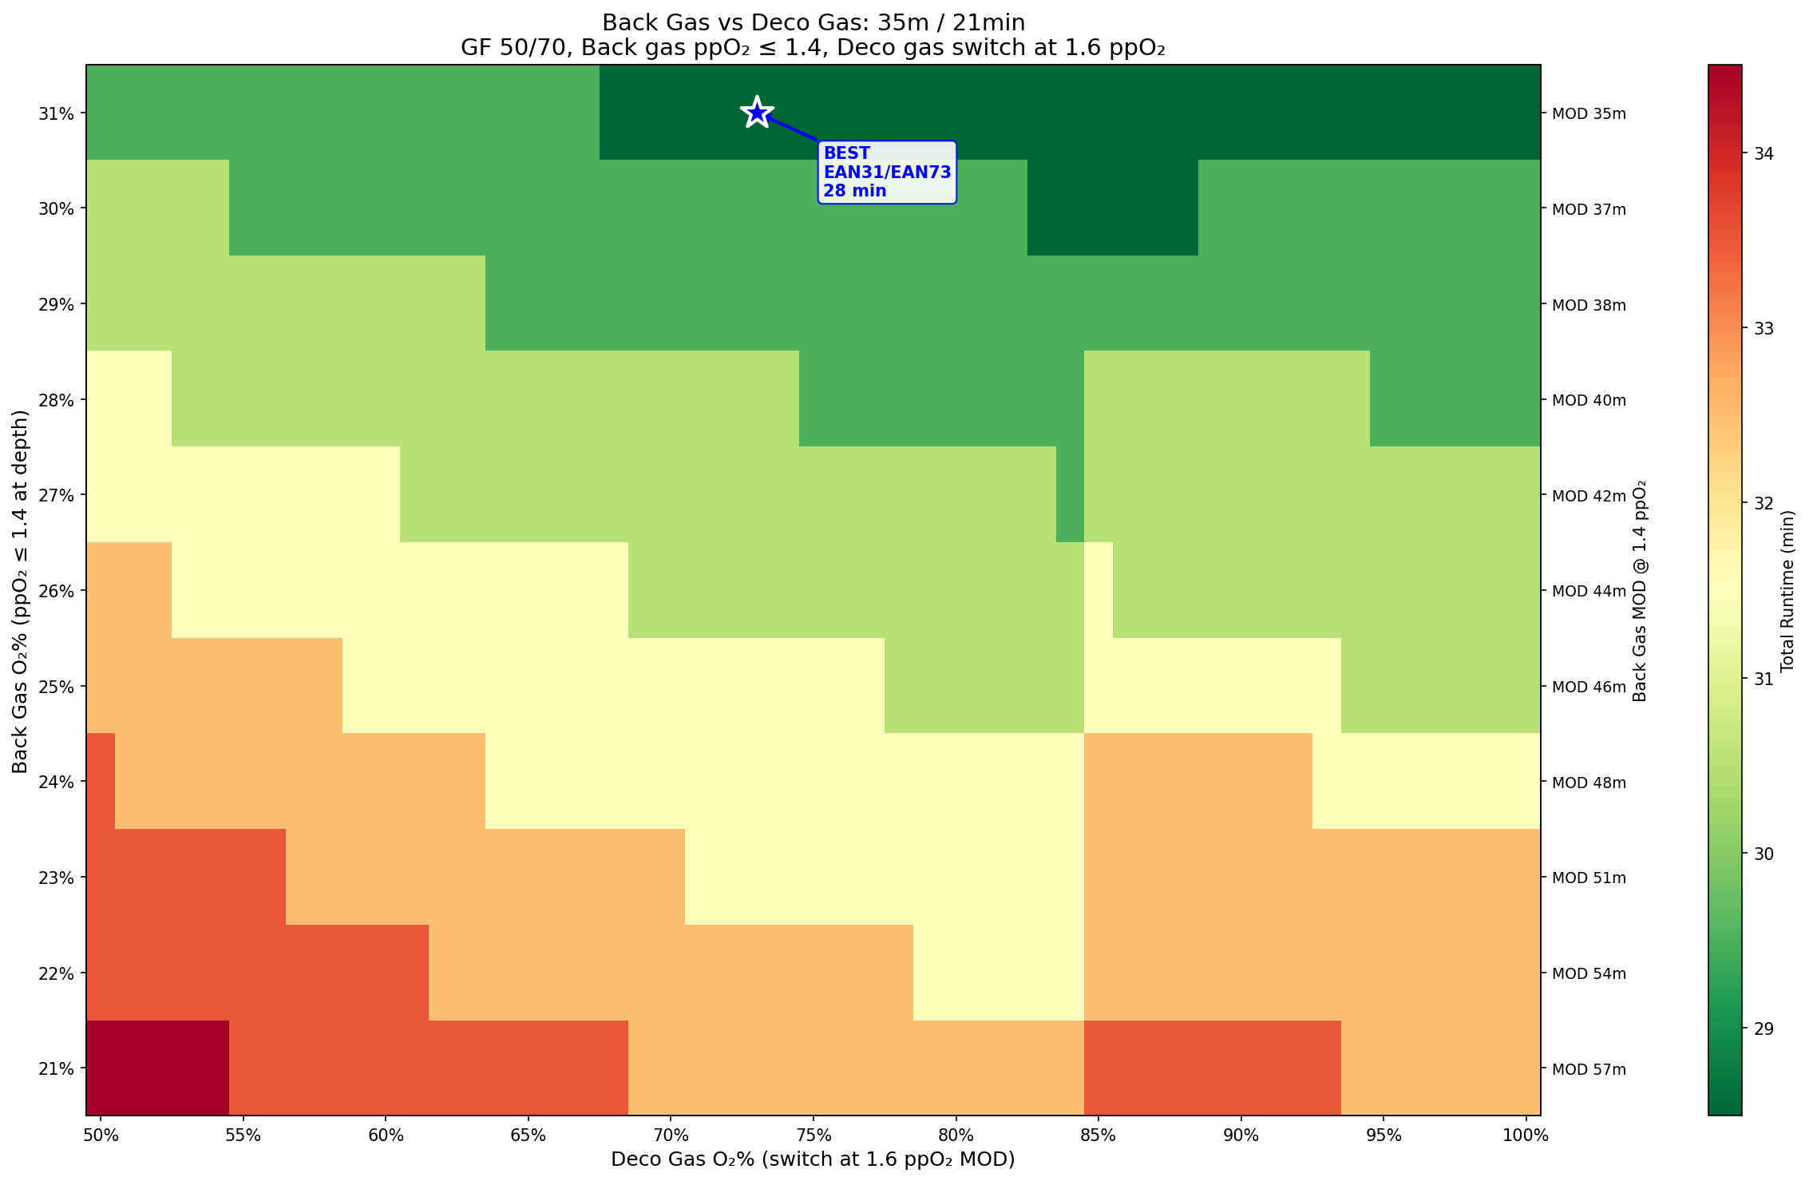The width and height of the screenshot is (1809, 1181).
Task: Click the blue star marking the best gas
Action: pyautogui.click(x=757, y=113)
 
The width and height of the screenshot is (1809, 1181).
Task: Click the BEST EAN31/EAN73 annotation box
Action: pyautogui.click(x=886, y=172)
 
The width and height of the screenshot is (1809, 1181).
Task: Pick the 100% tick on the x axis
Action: pyautogui.click(x=1526, y=1135)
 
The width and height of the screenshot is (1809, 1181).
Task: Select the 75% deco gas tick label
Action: pyautogui.click(x=813, y=1135)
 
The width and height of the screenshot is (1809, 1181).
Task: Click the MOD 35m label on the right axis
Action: pyautogui.click(x=1588, y=113)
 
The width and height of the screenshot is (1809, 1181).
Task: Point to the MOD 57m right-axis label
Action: pyautogui.click(x=1588, y=1068)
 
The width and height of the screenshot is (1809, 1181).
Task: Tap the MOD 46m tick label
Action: pyautogui.click(x=1588, y=687)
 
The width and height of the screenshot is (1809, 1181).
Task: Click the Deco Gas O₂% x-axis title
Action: pyautogui.click(x=813, y=1159)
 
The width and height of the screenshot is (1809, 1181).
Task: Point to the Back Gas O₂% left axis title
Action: pyautogui.click(x=20, y=591)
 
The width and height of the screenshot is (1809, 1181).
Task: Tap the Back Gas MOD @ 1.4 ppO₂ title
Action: pyautogui.click(x=1640, y=591)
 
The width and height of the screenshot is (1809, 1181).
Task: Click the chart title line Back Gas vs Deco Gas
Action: pyautogui.click(x=813, y=22)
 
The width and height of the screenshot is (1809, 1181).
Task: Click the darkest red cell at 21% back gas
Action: pyautogui.click(x=157, y=1068)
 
